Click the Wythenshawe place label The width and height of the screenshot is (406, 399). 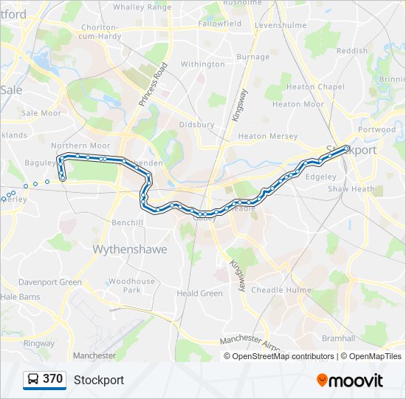point(129,250)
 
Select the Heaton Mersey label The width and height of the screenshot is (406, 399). point(268,137)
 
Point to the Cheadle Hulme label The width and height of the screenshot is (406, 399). point(281,290)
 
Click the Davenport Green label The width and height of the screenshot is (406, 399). point(50,282)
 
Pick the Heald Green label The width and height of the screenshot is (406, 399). point(199,293)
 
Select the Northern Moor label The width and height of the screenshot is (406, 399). point(80,146)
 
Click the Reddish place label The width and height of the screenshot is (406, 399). point(351,51)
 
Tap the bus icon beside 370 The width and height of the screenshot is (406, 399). point(32,380)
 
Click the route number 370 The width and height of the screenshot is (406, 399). point(53,379)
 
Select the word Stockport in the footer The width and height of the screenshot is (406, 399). point(99,380)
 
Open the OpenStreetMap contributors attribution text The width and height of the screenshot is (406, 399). point(283,356)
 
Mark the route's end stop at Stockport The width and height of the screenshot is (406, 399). point(346,148)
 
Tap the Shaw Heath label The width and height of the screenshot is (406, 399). point(351,189)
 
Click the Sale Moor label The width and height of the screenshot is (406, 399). point(41,113)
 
